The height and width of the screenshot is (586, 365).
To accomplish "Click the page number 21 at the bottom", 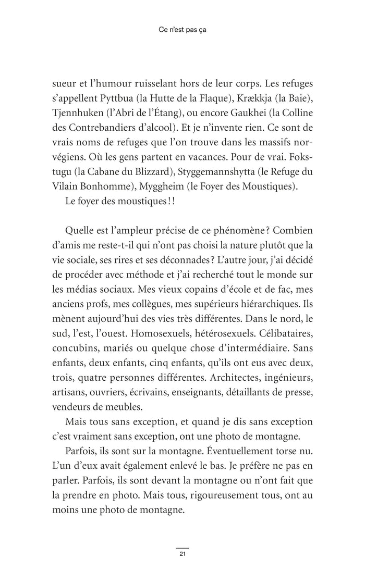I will (182, 553).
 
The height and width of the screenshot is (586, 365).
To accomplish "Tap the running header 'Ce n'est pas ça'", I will (182, 30).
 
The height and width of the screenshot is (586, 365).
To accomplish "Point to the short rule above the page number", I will (182, 547).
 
